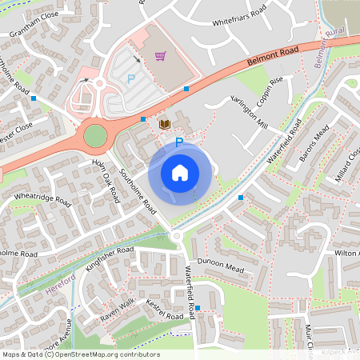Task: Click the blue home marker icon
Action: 180,172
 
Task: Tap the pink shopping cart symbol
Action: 160,56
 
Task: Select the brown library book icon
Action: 164,124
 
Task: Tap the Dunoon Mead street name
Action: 224,267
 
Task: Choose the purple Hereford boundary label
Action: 61,283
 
